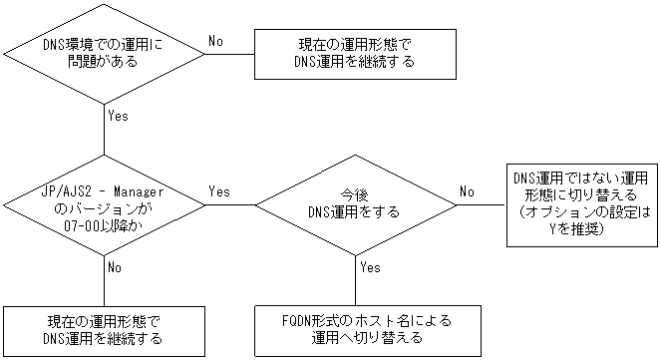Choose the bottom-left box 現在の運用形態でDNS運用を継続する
pyautogui.click(x=104, y=330)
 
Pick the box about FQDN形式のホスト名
pyautogui.click(x=355, y=330)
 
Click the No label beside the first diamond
pyautogui.click(x=215, y=40)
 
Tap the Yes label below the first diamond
pyautogui.click(x=118, y=116)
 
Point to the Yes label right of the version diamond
pyautogui.click(x=220, y=190)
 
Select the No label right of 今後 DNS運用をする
pyautogui.click(x=467, y=190)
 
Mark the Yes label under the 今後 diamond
pyautogui.click(x=369, y=267)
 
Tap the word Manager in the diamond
pyautogui.click(x=140, y=188)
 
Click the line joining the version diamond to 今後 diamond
pyautogui.click(x=231, y=205)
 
